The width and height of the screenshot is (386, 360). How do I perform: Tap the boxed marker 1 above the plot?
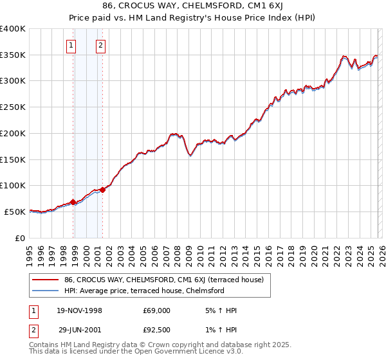71,45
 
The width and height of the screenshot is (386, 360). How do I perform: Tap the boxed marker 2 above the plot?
101,45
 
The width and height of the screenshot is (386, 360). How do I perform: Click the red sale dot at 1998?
73,202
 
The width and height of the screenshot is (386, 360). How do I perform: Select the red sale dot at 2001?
103,190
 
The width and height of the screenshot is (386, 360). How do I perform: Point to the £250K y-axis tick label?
12,107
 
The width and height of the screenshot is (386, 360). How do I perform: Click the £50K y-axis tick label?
15,212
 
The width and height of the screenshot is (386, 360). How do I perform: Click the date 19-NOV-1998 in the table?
80,310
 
